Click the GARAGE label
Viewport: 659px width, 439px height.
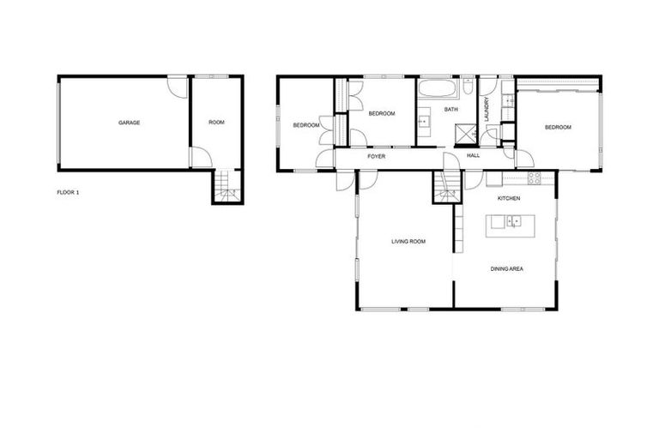pos(129,123)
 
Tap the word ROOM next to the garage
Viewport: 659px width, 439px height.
pos(216,123)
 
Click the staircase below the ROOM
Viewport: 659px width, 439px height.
pos(227,186)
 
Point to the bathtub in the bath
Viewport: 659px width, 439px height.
pos(438,88)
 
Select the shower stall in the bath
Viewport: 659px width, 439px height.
pos(465,134)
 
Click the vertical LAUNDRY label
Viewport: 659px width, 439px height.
pos(486,110)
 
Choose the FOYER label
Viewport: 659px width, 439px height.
pos(376,157)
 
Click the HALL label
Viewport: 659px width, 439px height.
pos(474,156)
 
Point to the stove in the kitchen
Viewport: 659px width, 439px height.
pos(534,178)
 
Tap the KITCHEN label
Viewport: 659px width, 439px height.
pos(510,198)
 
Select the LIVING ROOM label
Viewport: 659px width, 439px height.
pos(408,242)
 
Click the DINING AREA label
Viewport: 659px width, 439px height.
pos(507,269)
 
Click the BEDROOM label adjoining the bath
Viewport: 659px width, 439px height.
pos(382,113)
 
